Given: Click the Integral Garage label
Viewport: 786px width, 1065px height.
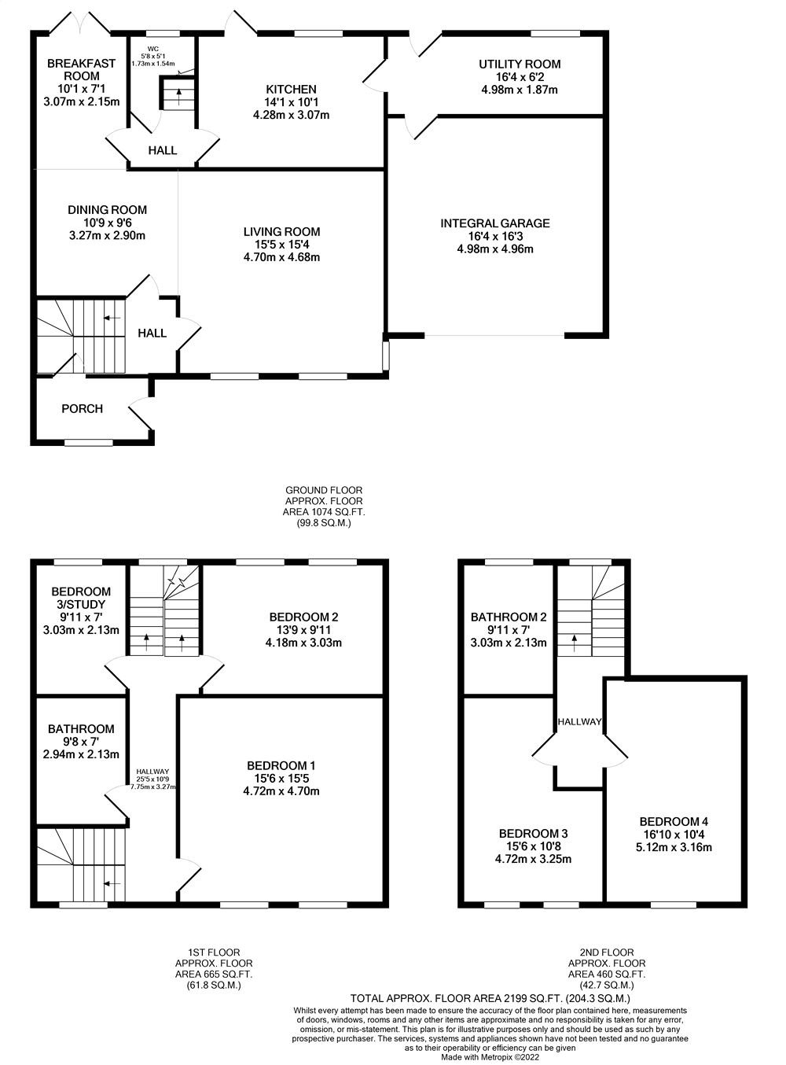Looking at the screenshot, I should [494, 223].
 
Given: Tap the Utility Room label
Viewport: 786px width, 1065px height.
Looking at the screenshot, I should [520, 64].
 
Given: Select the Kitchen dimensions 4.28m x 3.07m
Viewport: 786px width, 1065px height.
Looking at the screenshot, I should [291, 115].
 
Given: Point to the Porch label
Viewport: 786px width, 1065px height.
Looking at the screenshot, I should [82, 408].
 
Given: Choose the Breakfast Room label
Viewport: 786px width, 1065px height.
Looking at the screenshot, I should [81, 69].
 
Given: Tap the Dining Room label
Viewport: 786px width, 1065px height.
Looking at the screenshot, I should [107, 210].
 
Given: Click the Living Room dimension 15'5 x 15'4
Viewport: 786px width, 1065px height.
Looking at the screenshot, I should [281, 245].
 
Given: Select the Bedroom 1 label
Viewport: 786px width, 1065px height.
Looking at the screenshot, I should [281, 765].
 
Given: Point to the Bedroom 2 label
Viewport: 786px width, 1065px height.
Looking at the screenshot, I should [303, 617].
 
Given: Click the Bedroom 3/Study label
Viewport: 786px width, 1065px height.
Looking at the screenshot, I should [81, 598].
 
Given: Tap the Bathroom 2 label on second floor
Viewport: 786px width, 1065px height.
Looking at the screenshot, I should [508, 617].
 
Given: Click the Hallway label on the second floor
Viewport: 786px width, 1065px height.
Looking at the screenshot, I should [579, 722].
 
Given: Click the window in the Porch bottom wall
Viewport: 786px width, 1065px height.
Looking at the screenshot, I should [89, 443].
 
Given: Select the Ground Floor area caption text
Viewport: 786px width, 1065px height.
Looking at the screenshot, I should [324, 506].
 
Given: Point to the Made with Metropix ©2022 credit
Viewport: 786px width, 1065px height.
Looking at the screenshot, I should [490, 1057].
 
